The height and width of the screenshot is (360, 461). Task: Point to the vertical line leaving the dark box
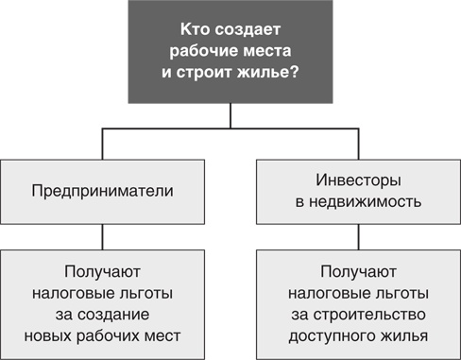click(230, 118)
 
